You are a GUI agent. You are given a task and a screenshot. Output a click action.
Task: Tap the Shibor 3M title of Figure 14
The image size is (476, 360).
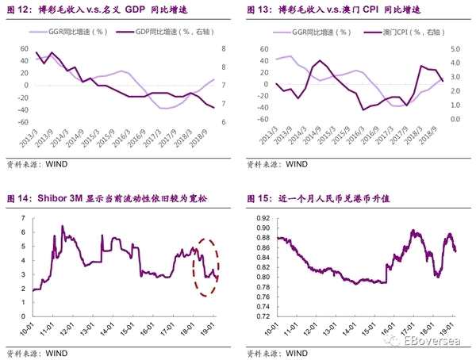112,197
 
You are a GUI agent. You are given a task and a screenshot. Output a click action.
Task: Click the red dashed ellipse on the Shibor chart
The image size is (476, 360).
209,266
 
